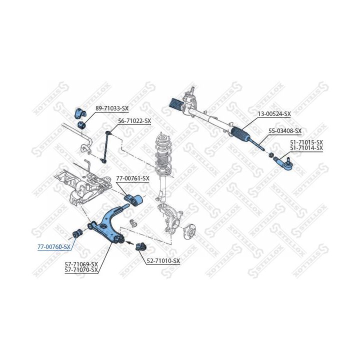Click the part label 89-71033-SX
point(111,108)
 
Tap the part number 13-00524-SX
point(273,114)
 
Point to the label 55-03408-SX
point(285,131)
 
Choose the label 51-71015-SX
point(306,142)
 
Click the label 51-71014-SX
point(306,148)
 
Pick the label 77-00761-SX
point(132,178)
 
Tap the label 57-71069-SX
point(81,264)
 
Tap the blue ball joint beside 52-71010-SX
point(141,246)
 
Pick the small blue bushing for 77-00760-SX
point(77,232)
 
